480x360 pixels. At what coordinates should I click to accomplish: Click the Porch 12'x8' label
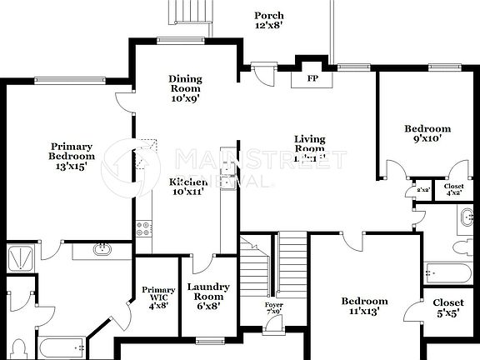click(x=269, y=20)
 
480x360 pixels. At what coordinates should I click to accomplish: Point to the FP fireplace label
click(x=313, y=79)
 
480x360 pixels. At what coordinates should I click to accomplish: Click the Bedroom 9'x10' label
click(x=427, y=134)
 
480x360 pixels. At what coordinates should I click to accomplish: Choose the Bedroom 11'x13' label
click(x=364, y=306)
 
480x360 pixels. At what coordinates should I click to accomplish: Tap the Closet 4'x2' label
click(x=454, y=190)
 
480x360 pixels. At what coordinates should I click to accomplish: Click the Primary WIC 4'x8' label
click(x=158, y=298)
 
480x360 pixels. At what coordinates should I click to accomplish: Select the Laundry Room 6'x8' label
click(x=207, y=296)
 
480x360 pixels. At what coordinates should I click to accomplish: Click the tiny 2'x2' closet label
click(x=422, y=190)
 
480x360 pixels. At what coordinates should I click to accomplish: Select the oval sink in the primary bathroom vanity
click(x=102, y=248)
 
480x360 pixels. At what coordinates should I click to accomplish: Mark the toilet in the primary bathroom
click(x=22, y=346)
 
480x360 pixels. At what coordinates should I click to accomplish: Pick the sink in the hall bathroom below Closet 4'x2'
click(x=466, y=220)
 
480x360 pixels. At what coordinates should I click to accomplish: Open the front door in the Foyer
click(x=272, y=327)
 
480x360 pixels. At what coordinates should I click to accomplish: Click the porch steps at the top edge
click(x=185, y=12)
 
